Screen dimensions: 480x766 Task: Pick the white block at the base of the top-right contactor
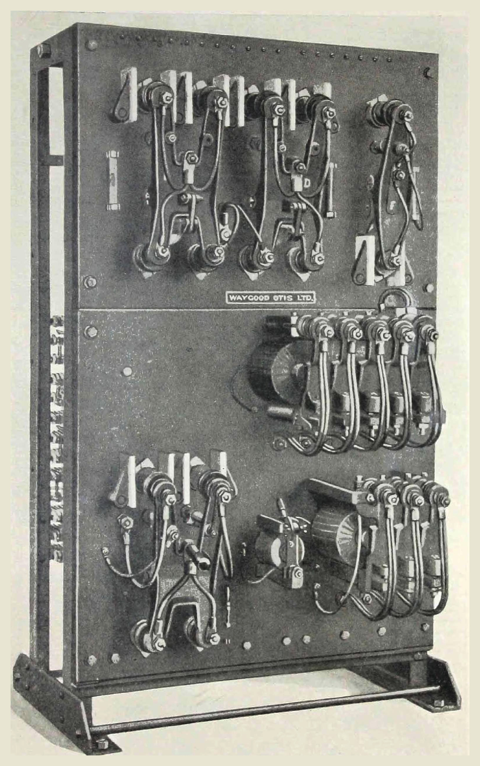[x=365, y=259]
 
